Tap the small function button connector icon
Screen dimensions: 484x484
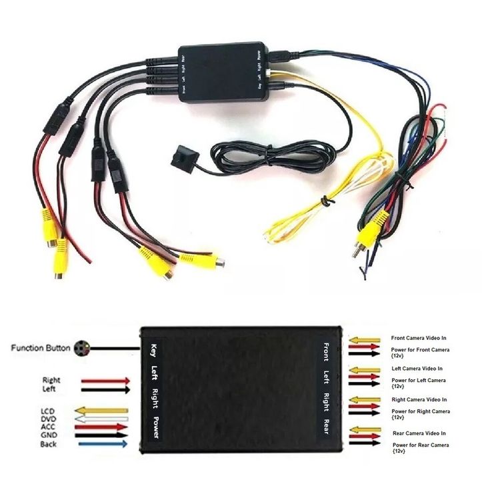(83, 348)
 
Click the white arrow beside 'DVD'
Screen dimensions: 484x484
(102, 419)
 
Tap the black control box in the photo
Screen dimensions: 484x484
(223, 71)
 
